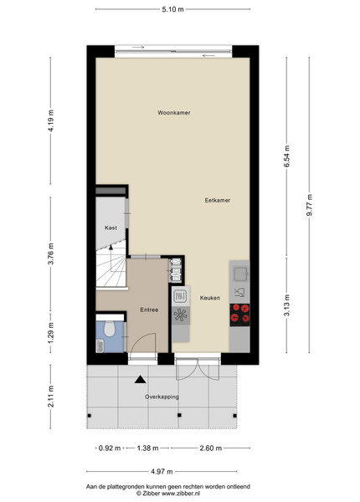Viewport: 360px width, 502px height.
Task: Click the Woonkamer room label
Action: pyautogui.click(x=174, y=113)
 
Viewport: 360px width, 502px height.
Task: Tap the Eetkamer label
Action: pyautogui.click(x=218, y=201)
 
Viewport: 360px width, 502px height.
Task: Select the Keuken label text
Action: pyautogui.click(x=210, y=298)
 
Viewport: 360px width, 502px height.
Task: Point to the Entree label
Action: pyautogui.click(x=149, y=310)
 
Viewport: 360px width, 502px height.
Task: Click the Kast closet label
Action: pyautogui.click(x=111, y=228)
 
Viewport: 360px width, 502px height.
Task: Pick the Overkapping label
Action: pyautogui.click(x=162, y=397)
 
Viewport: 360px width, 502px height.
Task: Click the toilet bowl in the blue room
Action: pyautogui.click(x=110, y=329)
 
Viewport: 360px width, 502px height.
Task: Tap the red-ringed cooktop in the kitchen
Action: pyautogui.click(x=240, y=313)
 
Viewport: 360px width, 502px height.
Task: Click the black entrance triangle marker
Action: pyautogui.click(x=141, y=379)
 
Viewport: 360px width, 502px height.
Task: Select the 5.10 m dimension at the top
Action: pyautogui.click(x=173, y=9)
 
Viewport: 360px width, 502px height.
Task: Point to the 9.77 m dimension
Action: pyautogui.click(x=310, y=205)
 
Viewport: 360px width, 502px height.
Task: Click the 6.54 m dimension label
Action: pyautogui.click(x=286, y=156)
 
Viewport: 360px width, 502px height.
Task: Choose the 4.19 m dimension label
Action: pyautogui.click(x=50, y=120)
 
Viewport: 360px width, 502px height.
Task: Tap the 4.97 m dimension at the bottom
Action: pyautogui.click(x=162, y=471)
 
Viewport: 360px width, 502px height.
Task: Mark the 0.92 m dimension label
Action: pyautogui.click(x=110, y=448)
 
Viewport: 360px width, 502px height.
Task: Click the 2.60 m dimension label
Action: pyautogui.click(x=211, y=448)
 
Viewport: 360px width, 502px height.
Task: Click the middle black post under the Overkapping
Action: pyautogui.click(x=179, y=415)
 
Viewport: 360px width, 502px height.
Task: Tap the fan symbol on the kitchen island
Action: pyautogui.click(x=180, y=315)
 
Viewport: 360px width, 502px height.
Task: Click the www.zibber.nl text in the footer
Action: pyautogui.click(x=181, y=494)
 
